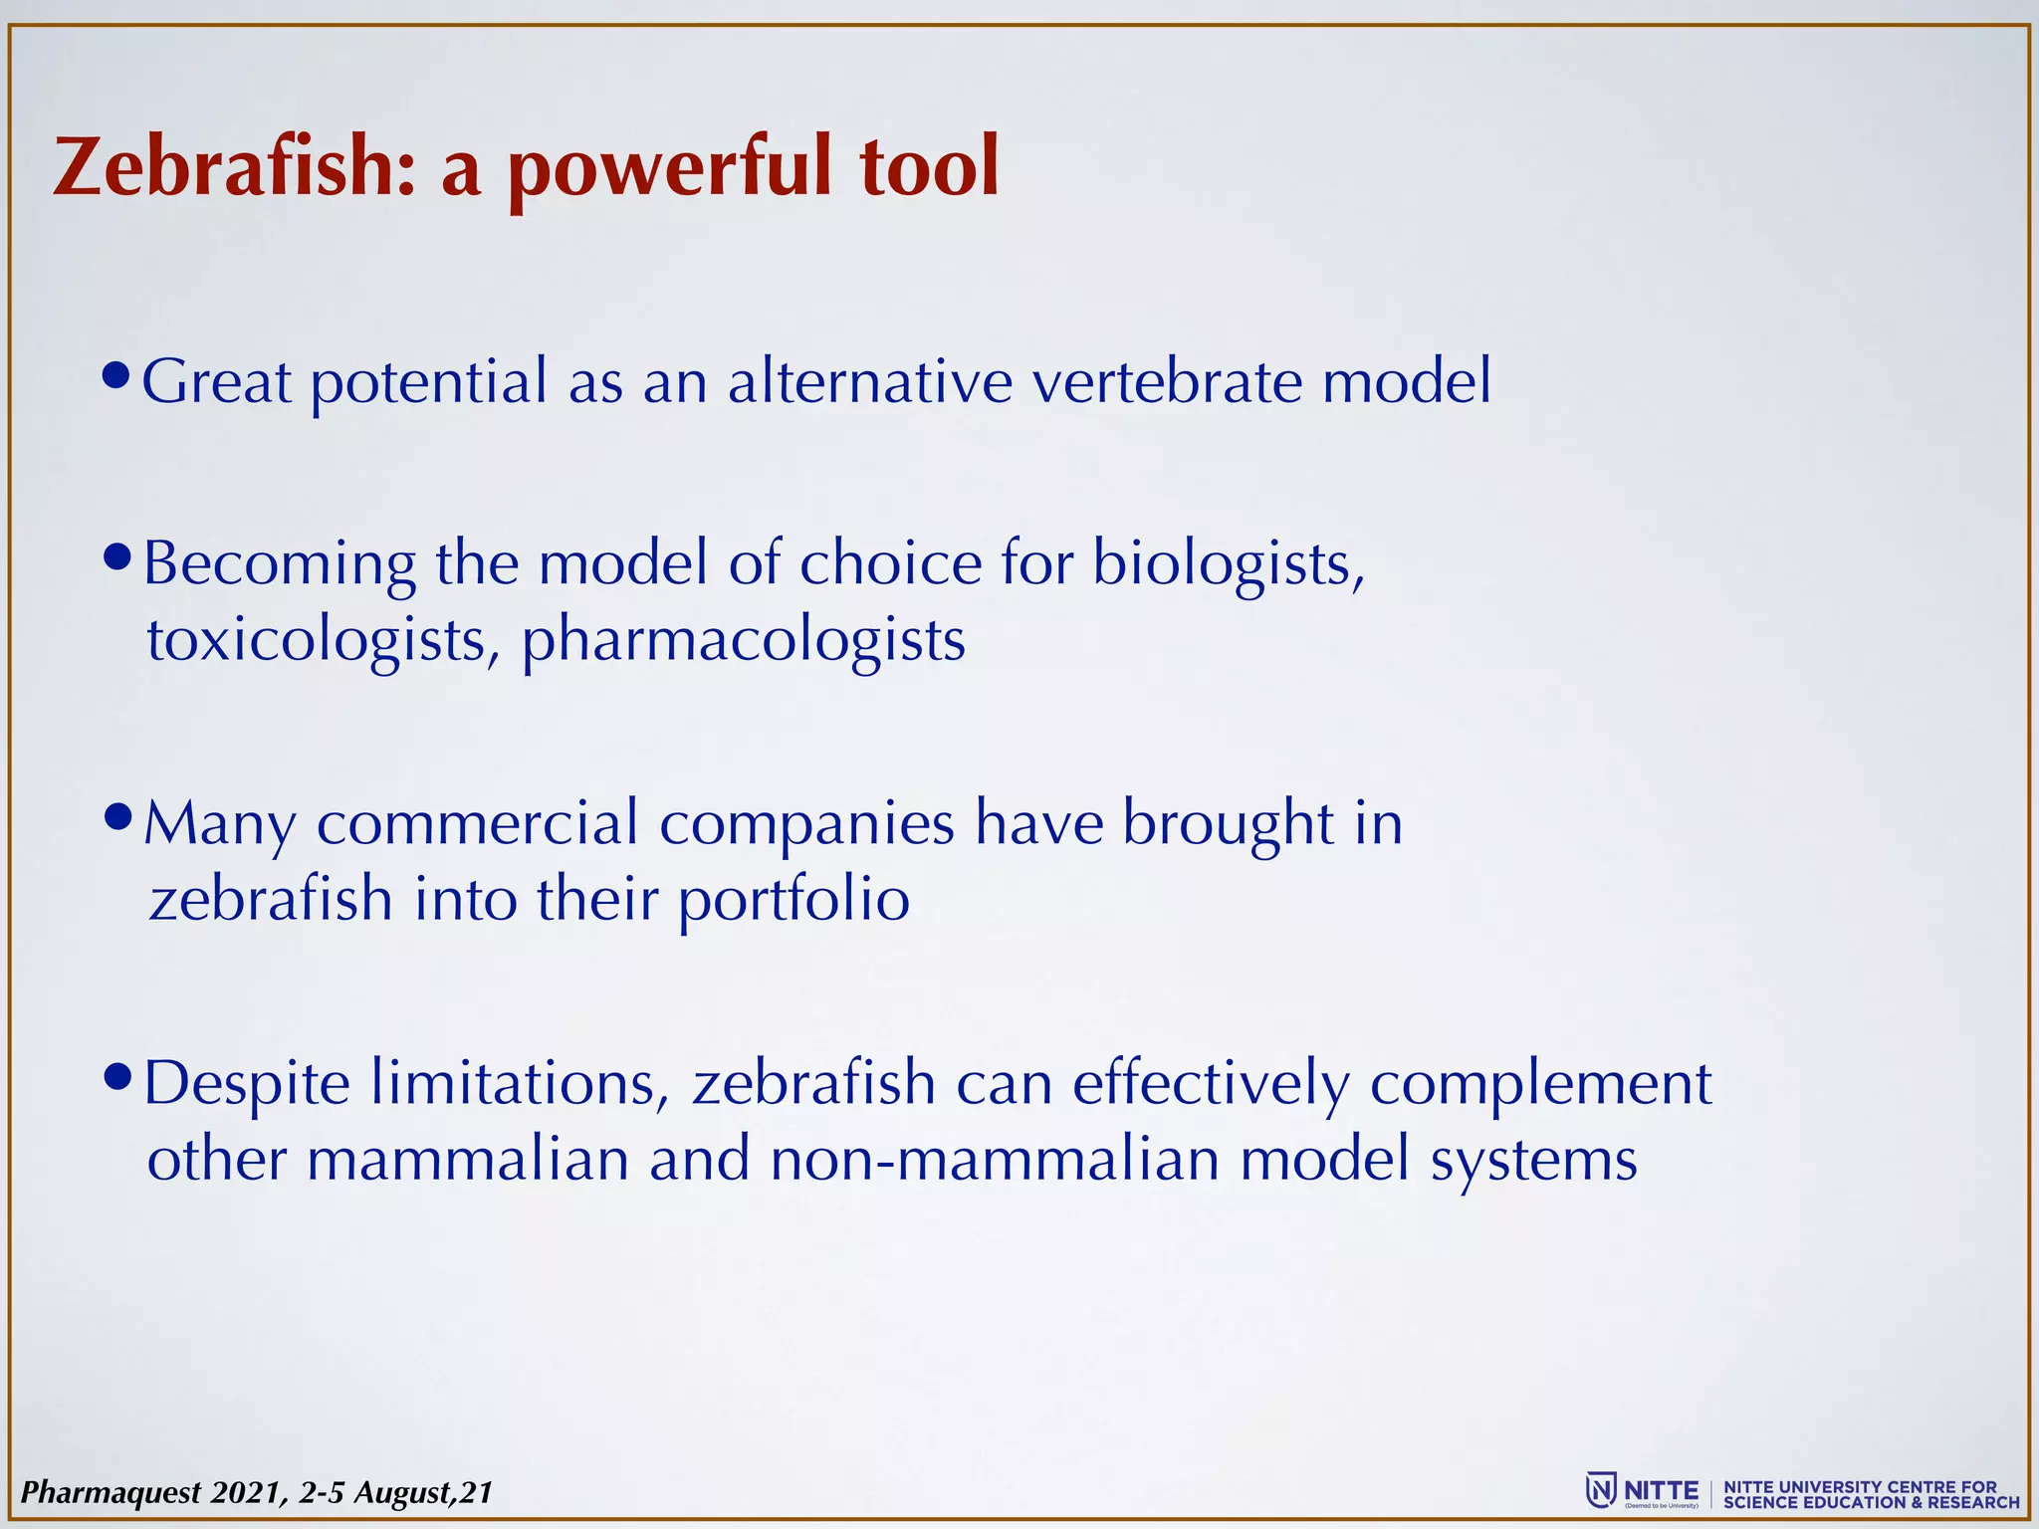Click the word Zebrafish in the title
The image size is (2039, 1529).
[x=232, y=167]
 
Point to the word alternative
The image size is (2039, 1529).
[x=869, y=381]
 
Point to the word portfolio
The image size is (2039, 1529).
[x=793, y=901]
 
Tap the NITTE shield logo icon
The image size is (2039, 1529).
[x=1600, y=1490]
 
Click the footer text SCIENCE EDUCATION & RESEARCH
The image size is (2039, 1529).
[x=1872, y=1502]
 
